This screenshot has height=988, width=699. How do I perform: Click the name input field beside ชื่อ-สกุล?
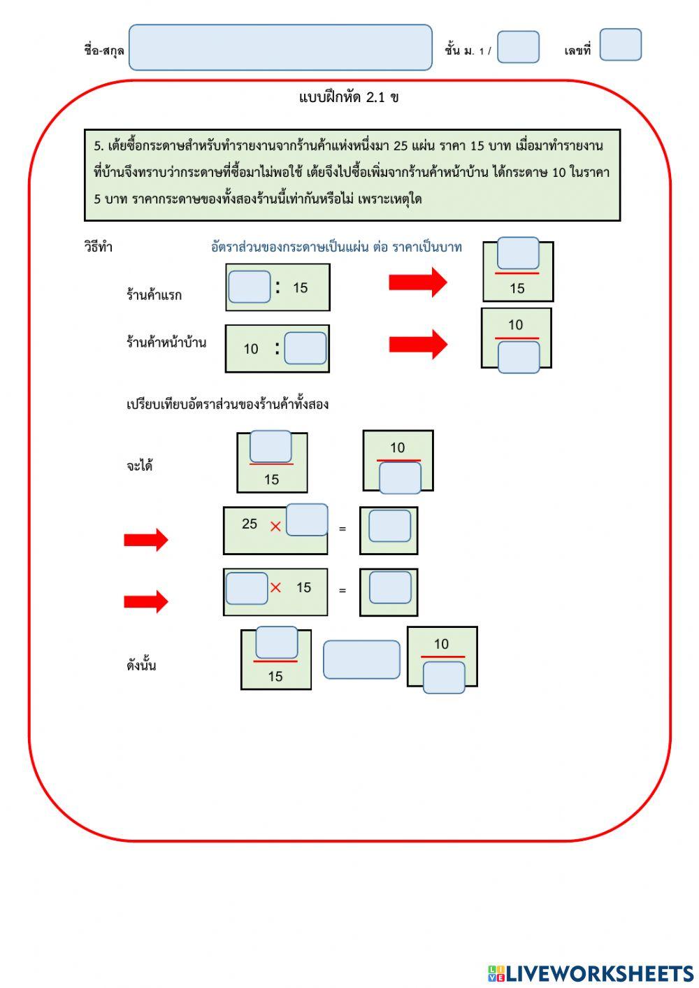point(280,47)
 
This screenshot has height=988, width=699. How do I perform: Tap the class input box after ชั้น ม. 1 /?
point(518,47)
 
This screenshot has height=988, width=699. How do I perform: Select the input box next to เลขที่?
point(620,45)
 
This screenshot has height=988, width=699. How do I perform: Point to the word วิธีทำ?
point(98,247)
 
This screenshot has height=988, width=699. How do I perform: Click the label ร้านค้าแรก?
point(154,294)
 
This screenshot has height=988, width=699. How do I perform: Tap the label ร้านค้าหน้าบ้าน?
point(166,342)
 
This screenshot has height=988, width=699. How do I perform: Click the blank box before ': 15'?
point(249,287)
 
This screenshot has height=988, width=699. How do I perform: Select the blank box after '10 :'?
point(305,348)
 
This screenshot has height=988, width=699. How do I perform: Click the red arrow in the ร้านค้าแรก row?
point(417,282)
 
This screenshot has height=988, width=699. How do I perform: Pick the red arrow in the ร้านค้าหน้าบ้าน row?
point(417,344)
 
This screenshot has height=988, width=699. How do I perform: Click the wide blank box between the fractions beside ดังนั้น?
point(361,659)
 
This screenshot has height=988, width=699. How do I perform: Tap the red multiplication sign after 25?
point(275,527)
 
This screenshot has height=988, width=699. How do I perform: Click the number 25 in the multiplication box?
point(249,524)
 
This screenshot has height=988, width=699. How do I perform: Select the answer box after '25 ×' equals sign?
point(389,526)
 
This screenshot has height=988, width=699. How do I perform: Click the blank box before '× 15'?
point(247,588)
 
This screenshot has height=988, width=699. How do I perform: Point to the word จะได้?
point(139,465)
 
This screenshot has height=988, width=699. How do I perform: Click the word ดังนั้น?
point(140,665)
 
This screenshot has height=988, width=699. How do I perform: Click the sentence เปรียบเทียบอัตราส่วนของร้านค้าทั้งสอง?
point(227,404)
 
